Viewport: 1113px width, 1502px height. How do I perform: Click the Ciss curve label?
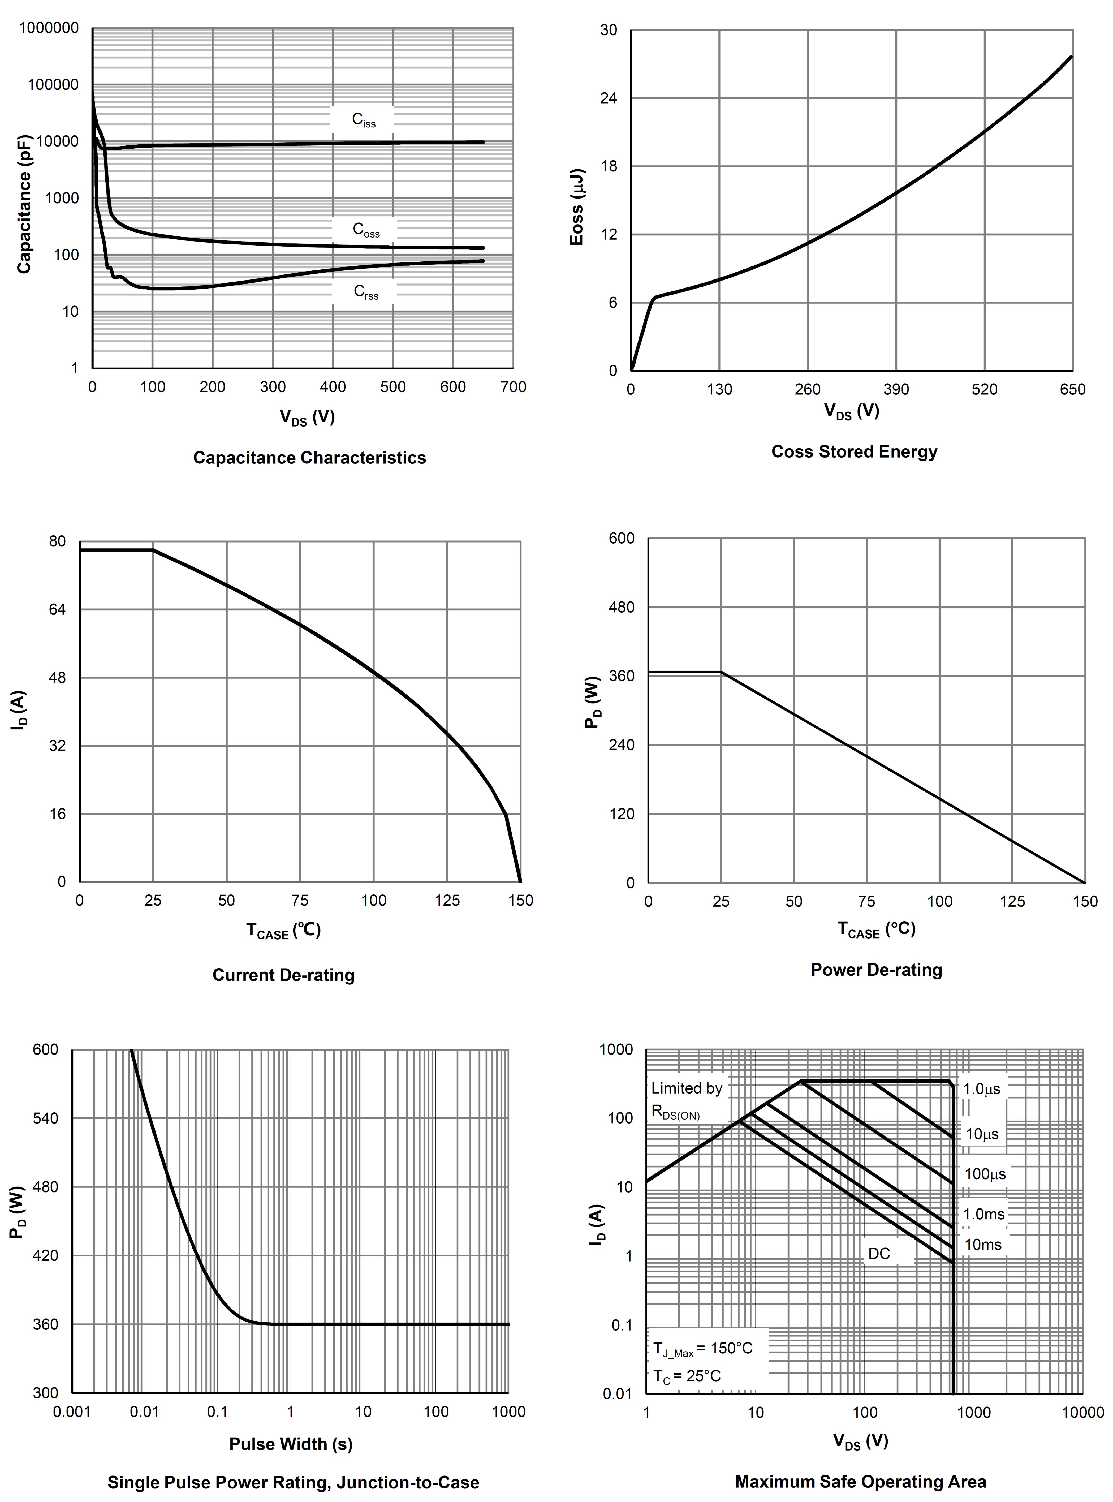(x=364, y=120)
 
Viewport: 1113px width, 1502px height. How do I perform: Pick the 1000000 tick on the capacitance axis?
(x=49, y=28)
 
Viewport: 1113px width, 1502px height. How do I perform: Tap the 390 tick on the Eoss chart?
(x=896, y=389)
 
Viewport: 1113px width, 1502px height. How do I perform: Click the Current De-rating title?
(x=283, y=975)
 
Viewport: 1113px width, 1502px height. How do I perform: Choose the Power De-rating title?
(x=876, y=970)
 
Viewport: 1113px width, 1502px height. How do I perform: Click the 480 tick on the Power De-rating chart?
(x=621, y=607)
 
